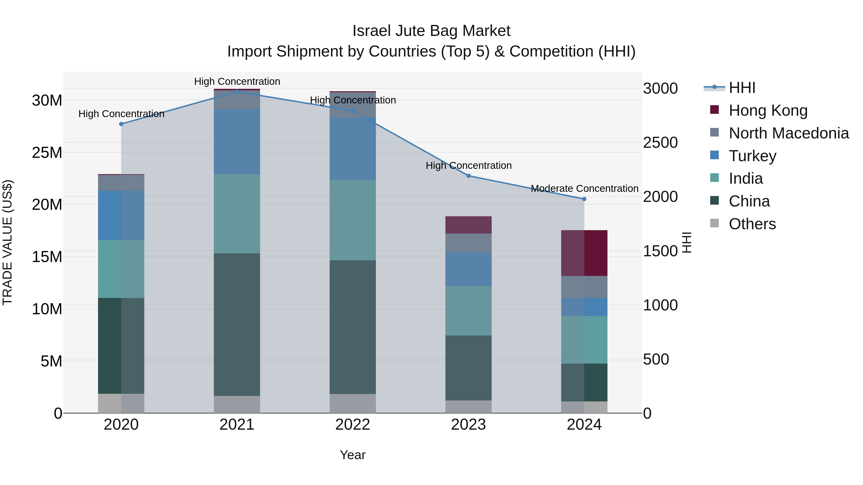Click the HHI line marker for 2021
click(237, 91)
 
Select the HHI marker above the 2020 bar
click(121, 124)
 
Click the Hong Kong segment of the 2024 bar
click(584, 253)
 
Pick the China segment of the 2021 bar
click(237, 325)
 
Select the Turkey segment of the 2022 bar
click(352, 148)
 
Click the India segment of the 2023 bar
click(468, 311)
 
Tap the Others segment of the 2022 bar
click(352, 403)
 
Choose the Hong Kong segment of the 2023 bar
click(468, 225)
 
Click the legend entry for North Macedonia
click(789, 133)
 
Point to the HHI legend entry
click(742, 88)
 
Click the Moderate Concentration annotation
click(584, 188)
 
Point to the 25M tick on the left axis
click(47, 153)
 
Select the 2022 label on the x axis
click(352, 425)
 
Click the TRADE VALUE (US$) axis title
click(7, 242)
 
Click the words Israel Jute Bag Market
click(431, 31)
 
